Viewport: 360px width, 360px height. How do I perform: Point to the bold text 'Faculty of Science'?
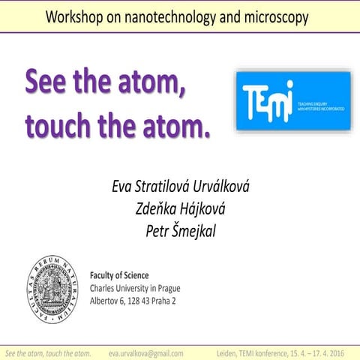pos(119,275)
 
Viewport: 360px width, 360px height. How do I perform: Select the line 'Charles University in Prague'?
pos(135,288)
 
